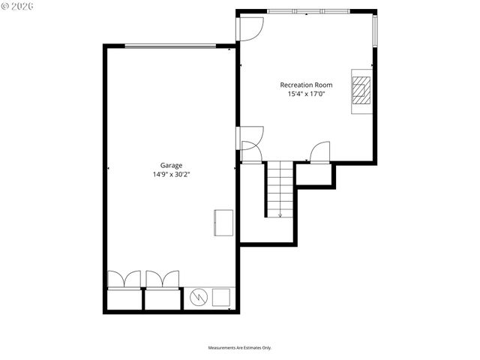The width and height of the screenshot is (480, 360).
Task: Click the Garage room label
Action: (x=171, y=166)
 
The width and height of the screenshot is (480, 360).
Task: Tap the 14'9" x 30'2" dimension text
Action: (x=171, y=175)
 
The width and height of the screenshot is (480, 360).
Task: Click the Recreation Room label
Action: (x=305, y=85)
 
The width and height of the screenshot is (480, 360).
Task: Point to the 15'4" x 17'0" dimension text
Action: (x=305, y=94)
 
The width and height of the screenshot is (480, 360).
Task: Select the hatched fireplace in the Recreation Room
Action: (x=361, y=90)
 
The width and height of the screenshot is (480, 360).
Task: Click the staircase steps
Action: (x=280, y=187)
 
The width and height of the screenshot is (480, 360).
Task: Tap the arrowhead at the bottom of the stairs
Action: (x=280, y=215)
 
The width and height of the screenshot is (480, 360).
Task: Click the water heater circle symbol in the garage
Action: (x=198, y=298)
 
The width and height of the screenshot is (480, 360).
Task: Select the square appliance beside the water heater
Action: (x=221, y=298)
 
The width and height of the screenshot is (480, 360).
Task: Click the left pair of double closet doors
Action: (x=124, y=279)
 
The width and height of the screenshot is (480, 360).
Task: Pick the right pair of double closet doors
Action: (x=162, y=279)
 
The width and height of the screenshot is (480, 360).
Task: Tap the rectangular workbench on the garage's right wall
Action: (x=223, y=222)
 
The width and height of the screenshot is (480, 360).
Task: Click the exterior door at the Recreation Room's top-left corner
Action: (x=251, y=28)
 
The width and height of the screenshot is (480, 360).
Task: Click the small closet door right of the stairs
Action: (x=320, y=152)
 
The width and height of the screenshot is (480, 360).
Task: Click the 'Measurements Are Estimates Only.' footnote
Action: (x=239, y=347)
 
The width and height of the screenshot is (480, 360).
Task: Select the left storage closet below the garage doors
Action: (x=124, y=300)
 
